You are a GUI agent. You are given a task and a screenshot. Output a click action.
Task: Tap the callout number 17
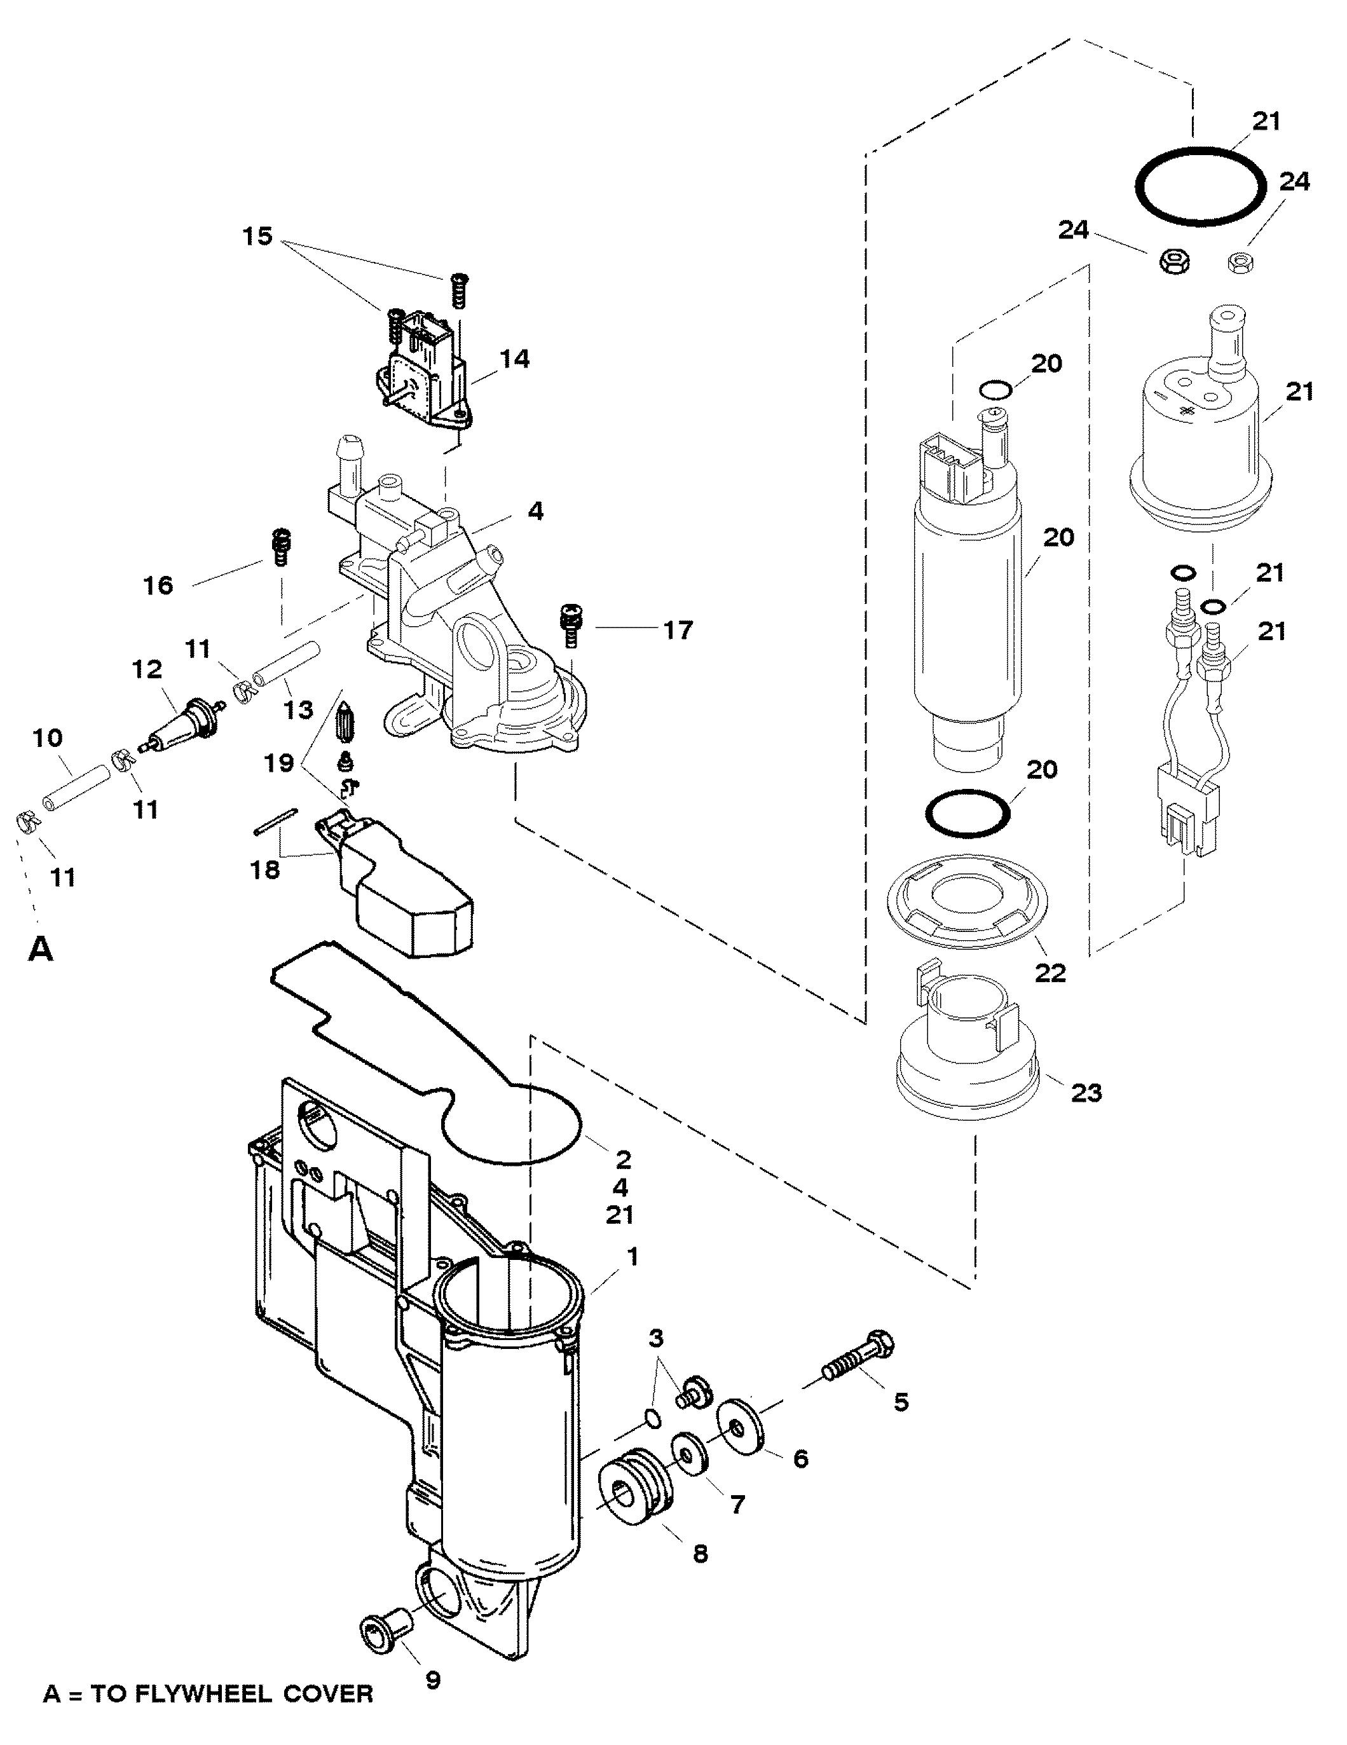click(x=678, y=631)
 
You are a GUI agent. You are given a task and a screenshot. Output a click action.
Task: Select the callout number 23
click(x=1086, y=1092)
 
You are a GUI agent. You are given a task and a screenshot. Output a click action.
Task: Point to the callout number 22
click(x=1050, y=973)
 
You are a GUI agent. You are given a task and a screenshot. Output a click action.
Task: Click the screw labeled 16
click(x=280, y=547)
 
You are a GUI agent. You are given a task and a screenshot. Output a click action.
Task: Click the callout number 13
click(x=299, y=709)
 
